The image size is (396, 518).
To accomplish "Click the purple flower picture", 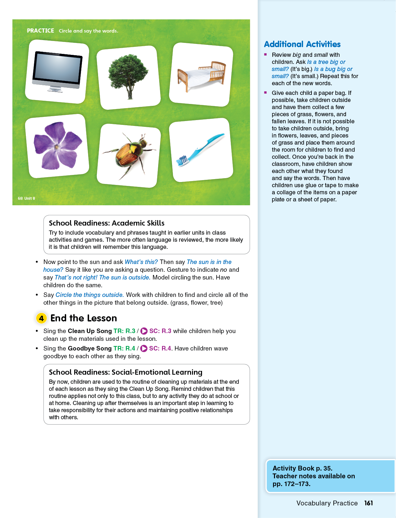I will (57, 146).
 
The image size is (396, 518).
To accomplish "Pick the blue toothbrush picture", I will (201, 150).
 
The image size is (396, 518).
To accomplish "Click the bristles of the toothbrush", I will (182, 160).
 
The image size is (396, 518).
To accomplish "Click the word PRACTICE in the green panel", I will (40, 31).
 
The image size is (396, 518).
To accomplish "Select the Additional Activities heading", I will (302, 44).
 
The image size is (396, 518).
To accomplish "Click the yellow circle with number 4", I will (41, 318).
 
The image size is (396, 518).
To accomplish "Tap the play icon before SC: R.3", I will (144, 331).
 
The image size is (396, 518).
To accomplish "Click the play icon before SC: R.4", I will (144, 349).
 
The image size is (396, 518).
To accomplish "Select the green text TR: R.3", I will (124, 331).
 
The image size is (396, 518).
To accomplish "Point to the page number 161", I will (368, 503).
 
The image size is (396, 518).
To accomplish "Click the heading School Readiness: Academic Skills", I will (107, 223).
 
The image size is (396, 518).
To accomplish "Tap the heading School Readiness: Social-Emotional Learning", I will (126, 372).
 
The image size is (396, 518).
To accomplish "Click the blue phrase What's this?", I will (141, 262).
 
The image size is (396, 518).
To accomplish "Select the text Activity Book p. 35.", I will (302, 468).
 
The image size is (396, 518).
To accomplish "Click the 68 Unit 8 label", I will (26, 198).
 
